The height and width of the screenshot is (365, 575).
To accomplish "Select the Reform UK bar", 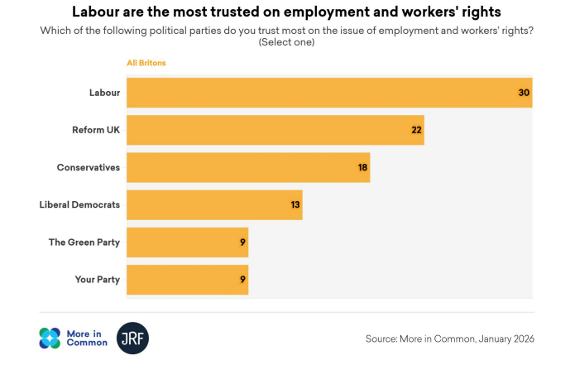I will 276,130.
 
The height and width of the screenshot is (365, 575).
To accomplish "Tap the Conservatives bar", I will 248,167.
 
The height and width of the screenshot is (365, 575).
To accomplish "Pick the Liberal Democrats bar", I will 214,204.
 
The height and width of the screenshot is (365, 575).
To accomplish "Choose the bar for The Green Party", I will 187,243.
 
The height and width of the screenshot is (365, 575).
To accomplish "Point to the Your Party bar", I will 187,280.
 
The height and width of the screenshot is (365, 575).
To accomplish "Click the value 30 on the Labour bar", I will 524,93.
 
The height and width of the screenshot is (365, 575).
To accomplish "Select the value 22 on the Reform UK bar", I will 416,130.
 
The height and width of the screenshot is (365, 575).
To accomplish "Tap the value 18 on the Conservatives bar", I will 362,167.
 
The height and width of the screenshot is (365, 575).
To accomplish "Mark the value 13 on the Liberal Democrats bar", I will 295,204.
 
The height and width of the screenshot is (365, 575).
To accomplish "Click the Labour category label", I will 104,93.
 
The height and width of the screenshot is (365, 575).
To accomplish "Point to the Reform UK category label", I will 96,130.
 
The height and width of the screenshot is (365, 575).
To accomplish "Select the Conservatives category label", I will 88,167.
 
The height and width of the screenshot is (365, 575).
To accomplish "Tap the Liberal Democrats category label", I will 79,204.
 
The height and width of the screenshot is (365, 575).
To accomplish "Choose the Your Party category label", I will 97,280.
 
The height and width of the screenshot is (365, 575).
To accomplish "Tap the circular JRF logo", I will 132,338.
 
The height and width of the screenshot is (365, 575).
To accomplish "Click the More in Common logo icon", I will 50,338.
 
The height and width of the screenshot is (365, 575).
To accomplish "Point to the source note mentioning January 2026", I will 450,339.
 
